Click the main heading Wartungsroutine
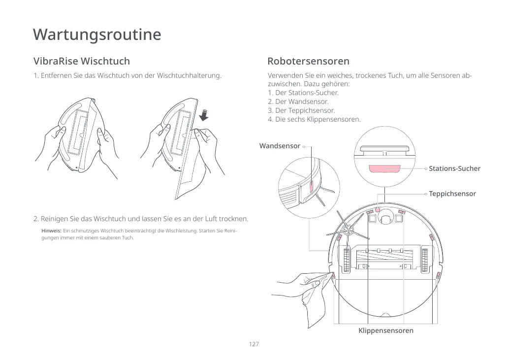click(97, 35)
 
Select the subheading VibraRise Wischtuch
click(82, 61)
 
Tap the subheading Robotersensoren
click(308, 61)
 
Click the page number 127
click(254, 344)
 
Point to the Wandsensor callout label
click(280, 146)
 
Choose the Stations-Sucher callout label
click(454, 169)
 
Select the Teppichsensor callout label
click(452, 194)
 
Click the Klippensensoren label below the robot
click(386, 330)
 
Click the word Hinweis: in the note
click(51, 231)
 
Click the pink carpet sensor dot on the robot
click(378, 209)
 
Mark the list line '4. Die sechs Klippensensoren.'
click(314, 120)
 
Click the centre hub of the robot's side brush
click(348, 229)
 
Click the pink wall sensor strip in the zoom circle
click(311, 187)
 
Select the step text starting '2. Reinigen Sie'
click(141, 219)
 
